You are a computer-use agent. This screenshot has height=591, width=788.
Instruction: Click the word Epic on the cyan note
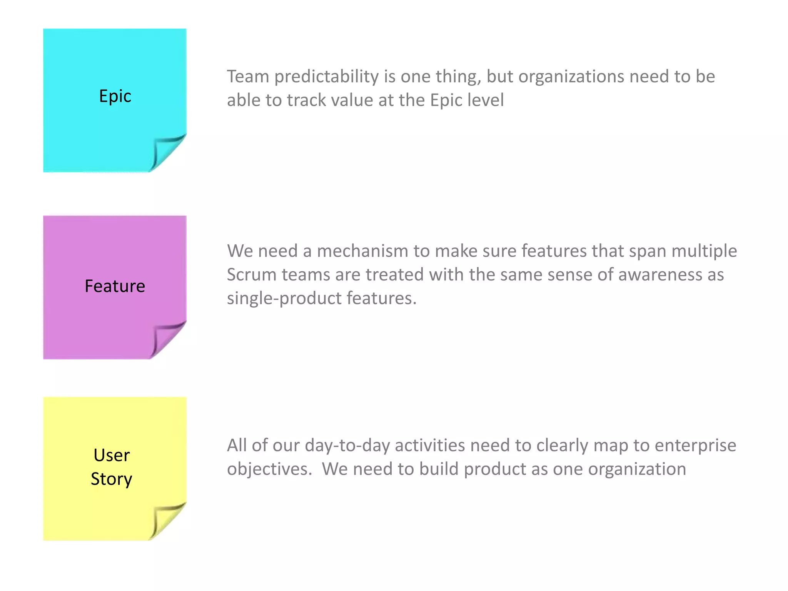pos(115,96)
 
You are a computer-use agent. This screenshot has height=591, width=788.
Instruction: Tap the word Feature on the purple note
pos(115,286)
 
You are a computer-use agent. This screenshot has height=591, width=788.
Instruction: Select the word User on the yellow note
pos(112,455)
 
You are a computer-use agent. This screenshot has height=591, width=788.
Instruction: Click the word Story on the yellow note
pos(112,479)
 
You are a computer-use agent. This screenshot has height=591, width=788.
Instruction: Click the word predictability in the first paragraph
pos(326,77)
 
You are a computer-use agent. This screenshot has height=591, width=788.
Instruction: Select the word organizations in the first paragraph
pos(571,77)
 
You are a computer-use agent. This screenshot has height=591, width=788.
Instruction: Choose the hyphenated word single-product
pos(284,299)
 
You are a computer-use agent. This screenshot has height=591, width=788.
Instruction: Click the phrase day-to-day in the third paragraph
pos(347,446)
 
